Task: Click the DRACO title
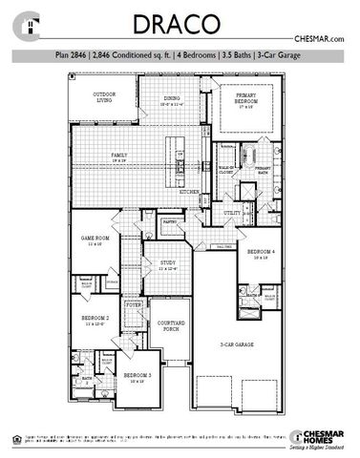[x=180, y=24]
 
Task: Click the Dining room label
[x=172, y=99]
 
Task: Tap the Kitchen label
[x=190, y=192]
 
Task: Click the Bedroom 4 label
[x=262, y=253]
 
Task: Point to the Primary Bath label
[x=262, y=169]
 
